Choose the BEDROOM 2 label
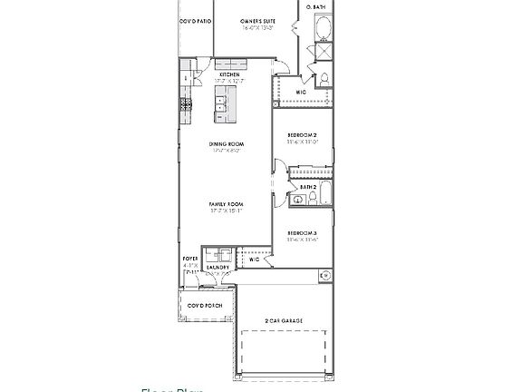tap(303, 134)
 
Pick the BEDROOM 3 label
tap(303, 232)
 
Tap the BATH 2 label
tap(308, 187)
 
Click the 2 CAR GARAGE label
tap(283, 320)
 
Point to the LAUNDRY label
tap(217, 267)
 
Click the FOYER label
tap(190, 259)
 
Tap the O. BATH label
tap(315, 6)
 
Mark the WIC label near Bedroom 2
tap(303, 92)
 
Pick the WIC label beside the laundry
tap(255, 260)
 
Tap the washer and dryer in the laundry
tap(217, 255)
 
